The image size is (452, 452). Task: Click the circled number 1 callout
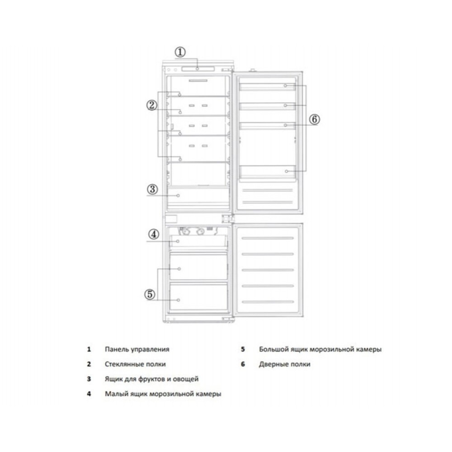(x=180, y=52)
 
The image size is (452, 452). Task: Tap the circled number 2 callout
(x=152, y=105)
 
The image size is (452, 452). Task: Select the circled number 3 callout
(x=152, y=189)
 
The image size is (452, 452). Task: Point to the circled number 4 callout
(x=154, y=234)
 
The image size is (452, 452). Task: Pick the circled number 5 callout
(x=150, y=294)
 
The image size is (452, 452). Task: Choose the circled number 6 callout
(x=315, y=119)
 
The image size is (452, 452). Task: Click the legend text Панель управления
(x=137, y=349)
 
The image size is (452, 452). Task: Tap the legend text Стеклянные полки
(x=135, y=364)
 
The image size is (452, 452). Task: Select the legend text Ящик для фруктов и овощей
(x=151, y=379)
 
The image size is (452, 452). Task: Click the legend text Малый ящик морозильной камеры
(x=163, y=394)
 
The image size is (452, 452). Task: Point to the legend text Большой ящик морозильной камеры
(x=320, y=349)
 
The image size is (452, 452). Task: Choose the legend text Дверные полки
(x=284, y=364)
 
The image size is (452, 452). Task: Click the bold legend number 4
(x=89, y=394)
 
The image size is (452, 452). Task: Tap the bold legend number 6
(x=243, y=364)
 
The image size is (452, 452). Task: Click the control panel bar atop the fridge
(x=198, y=69)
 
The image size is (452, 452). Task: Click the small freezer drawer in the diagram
(x=198, y=241)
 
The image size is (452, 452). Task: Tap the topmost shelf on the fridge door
(x=268, y=87)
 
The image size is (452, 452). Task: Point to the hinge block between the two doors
(x=227, y=218)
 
